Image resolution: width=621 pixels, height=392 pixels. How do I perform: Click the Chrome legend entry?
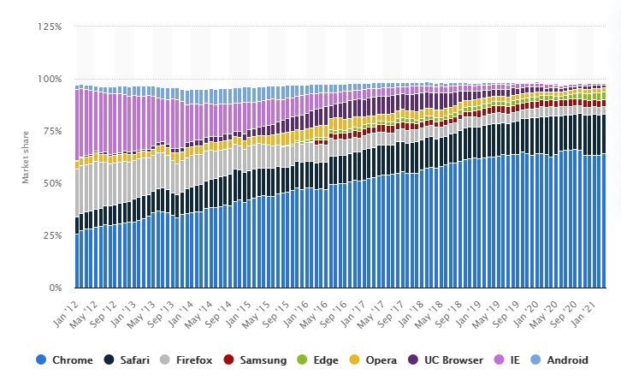click(x=73, y=360)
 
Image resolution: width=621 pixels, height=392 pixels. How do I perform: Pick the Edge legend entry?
click(x=328, y=360)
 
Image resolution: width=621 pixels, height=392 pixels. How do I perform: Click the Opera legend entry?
click(x=381, y=360)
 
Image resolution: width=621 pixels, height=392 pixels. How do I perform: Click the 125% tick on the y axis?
click(x=50, y=27)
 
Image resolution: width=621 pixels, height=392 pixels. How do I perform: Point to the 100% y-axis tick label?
click(x=50, y=79)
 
